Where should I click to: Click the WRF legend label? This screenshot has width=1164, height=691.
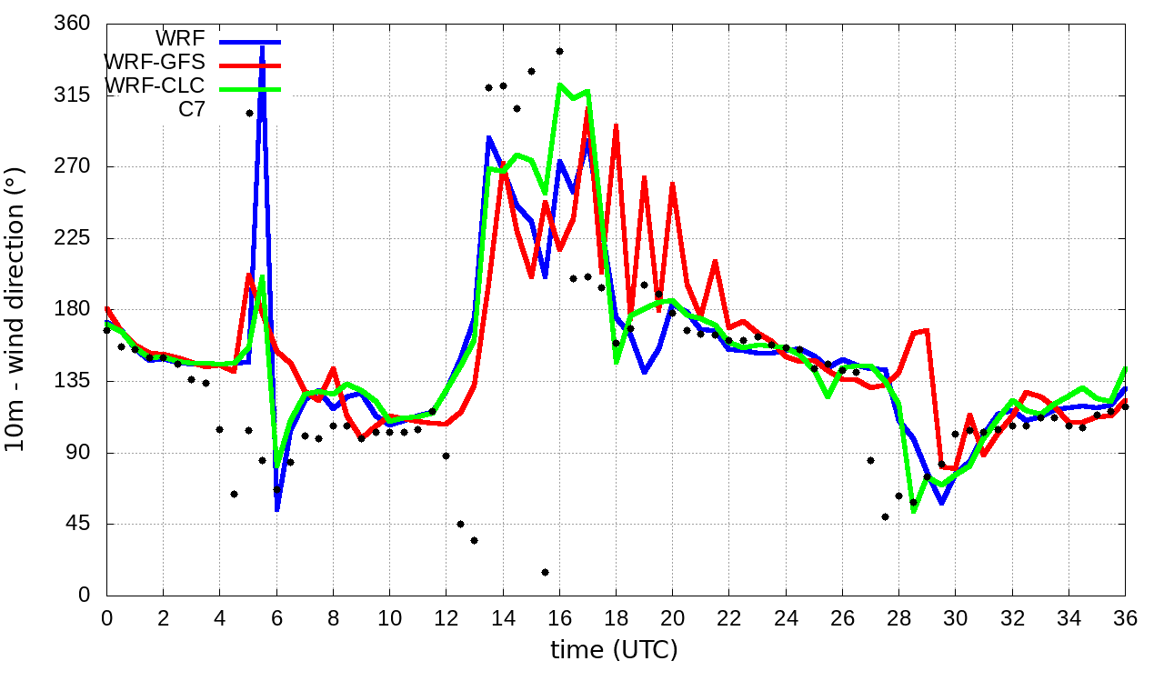point(180,39)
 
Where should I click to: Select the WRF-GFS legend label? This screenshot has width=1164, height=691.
point(155,63)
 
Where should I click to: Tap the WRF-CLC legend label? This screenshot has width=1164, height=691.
point(155,86)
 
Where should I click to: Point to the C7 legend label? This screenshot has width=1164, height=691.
point(192,110)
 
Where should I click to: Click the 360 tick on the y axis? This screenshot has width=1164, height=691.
point(73,24)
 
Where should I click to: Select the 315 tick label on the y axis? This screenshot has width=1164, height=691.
point(73,95)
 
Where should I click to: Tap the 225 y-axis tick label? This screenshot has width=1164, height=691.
point(73,238)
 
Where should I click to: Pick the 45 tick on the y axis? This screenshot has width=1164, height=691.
point(78,524)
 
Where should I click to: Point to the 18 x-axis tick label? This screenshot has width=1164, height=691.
point(616,616)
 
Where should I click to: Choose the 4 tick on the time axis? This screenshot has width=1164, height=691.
point(219,616)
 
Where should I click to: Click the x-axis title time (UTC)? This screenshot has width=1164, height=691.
point(614,650)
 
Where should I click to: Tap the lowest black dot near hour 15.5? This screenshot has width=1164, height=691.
point(545,572)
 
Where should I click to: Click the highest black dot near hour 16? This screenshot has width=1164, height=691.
point(559,51)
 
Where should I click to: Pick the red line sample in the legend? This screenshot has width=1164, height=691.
point(248,65)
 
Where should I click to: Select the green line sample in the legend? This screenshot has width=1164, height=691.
point(248,88)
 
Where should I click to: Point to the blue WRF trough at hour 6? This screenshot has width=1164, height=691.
point(276,508)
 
